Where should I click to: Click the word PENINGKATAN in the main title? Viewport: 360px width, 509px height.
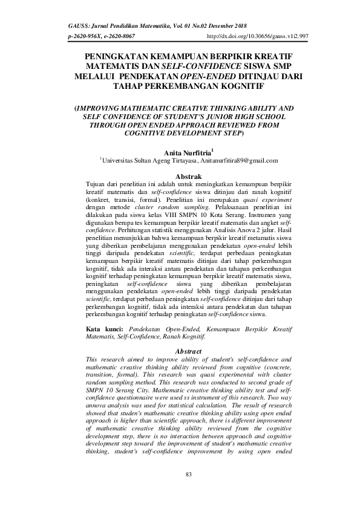[114, 56]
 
